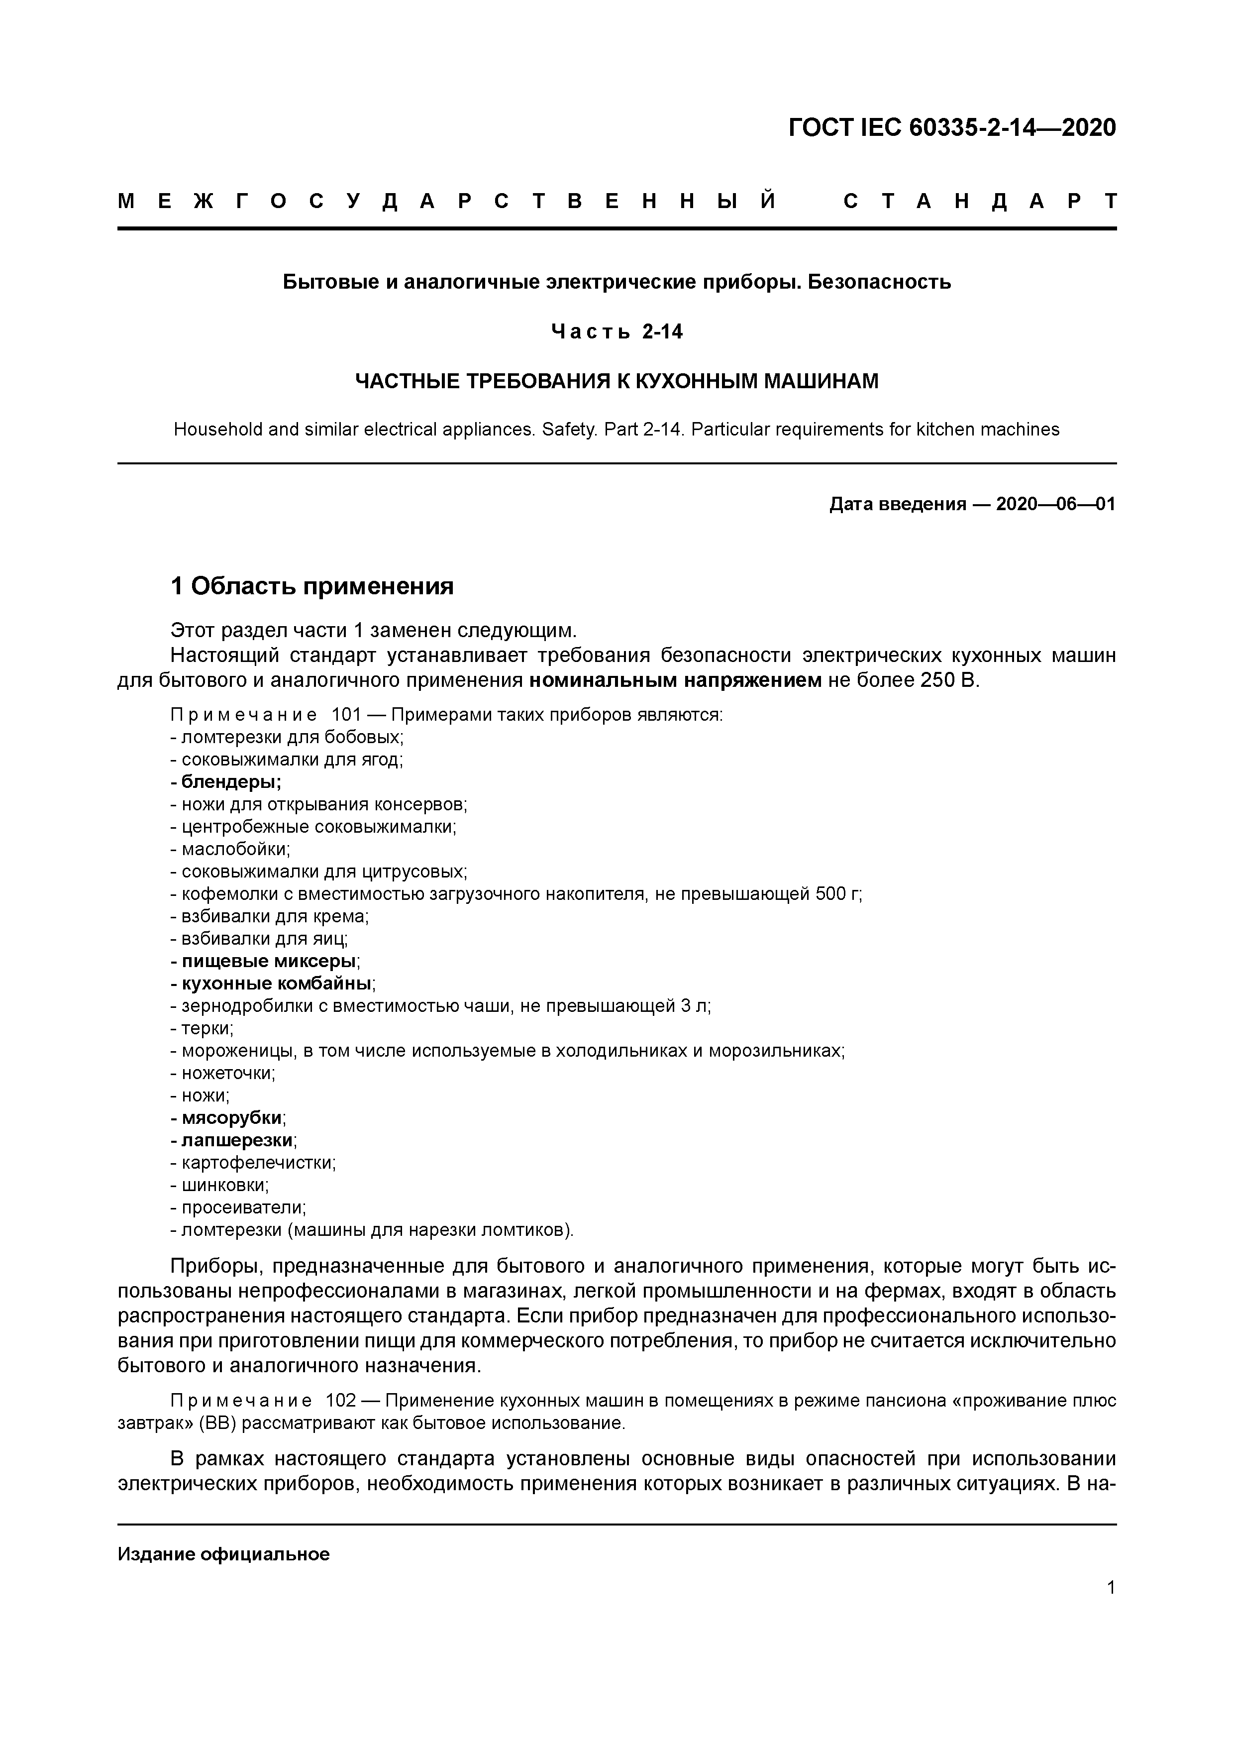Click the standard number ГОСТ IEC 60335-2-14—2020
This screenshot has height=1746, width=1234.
[952, 128]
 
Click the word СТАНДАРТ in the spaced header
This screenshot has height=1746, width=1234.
[980, 202]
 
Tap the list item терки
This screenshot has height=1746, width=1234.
[206, 1028]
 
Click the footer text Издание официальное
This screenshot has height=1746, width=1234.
[223, 1553]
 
